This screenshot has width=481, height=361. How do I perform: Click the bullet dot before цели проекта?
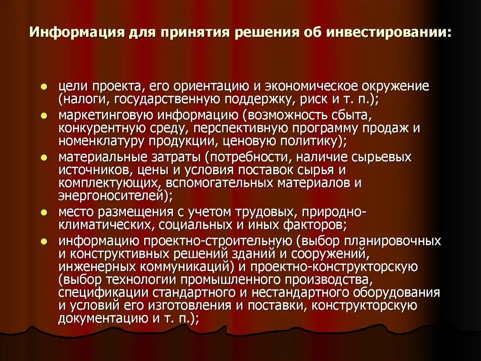coord(43,87)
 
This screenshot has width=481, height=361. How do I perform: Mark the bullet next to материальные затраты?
coord(43,157)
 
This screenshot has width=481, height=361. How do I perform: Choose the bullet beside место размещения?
coord(43,212)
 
